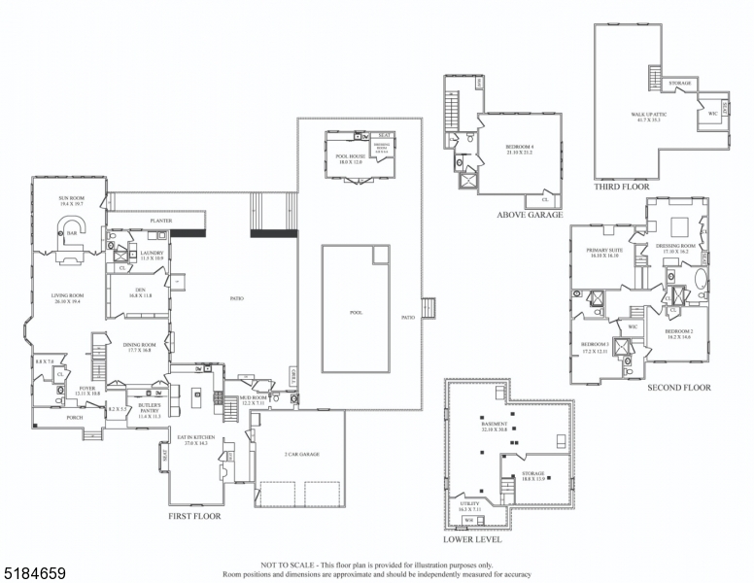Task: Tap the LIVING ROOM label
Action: tap(69, 296)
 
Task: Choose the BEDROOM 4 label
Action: tap(520, 147)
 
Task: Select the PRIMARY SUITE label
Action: tap(603, 251)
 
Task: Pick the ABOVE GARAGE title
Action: tap(530, 215)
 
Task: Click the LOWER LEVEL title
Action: tap(472, 538)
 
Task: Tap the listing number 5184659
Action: tap(34, 574)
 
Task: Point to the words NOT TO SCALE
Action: tap(283, 565)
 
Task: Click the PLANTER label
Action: tap(161, 222)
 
